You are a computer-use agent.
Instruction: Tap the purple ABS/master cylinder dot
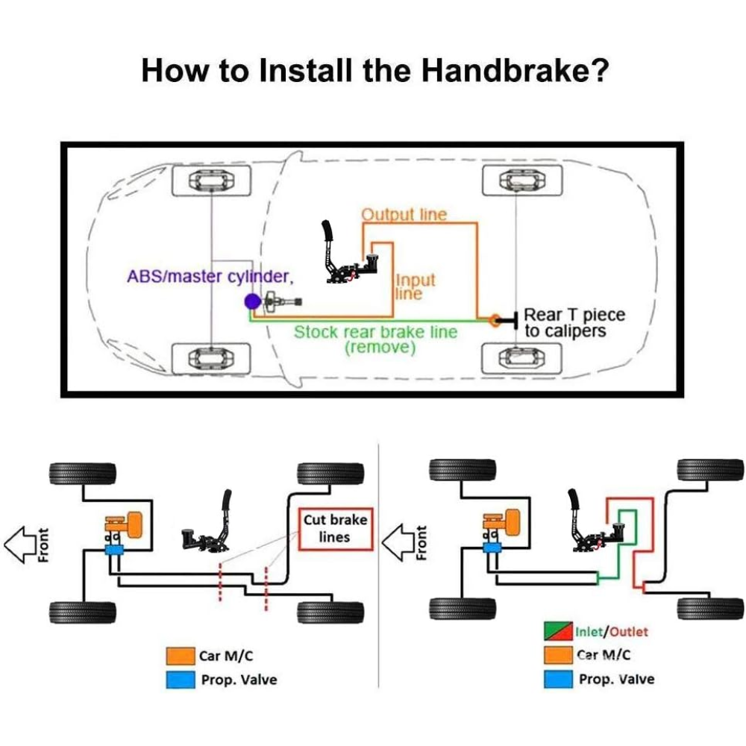tap(252, 301)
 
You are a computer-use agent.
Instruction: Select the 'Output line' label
tap(404, 215)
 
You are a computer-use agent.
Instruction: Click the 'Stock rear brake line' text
tap(375, 332)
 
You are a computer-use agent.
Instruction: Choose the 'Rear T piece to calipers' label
tap(574, 322)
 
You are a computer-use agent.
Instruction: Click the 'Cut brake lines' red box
tap(336, 529)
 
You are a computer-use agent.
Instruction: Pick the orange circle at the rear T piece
tap(495, 320)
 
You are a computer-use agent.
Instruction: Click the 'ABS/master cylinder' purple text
tap(210, 277)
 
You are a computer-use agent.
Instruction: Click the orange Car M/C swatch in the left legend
tap(181, 656)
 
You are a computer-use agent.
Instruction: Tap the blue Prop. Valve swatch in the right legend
tap(558, 679)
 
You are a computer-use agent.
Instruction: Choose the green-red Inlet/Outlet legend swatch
tap(558, 631)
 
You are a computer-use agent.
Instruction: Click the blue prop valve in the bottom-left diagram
tap(114, 550)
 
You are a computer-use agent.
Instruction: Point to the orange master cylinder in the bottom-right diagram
tap(502, 522)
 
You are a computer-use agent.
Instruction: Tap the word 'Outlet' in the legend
tap(628, 632)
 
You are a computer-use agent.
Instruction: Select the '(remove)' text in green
tap(380, 348)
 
